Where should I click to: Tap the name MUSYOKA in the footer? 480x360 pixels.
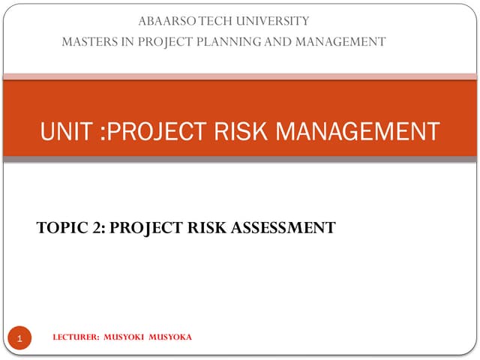[x=171, y=337]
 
